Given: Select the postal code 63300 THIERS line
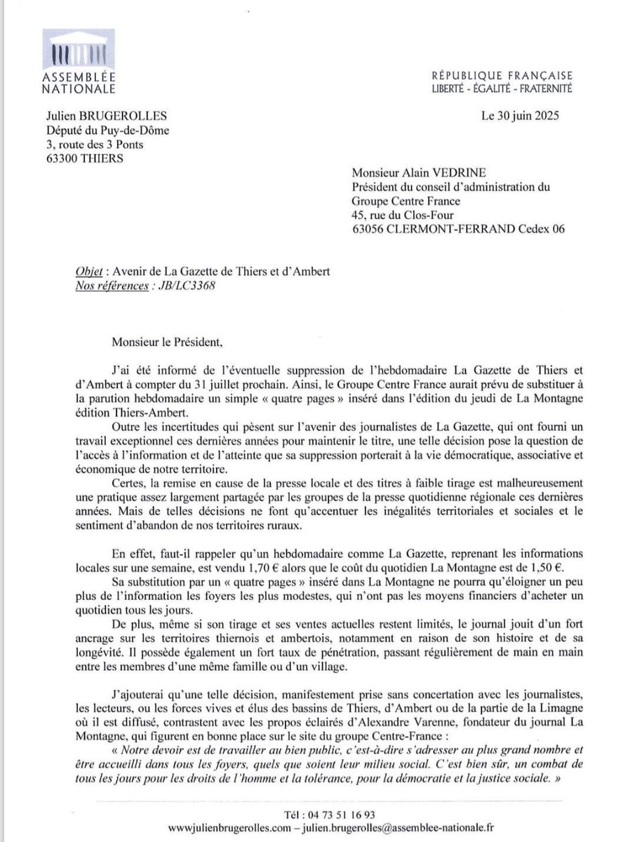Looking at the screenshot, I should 80,158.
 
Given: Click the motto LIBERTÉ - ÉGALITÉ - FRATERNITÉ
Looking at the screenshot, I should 502,89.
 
